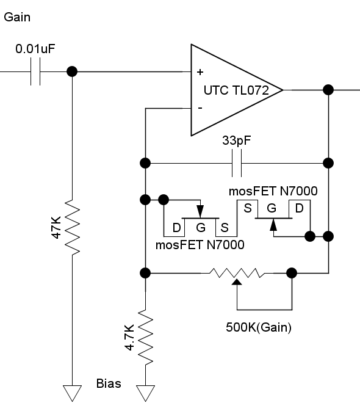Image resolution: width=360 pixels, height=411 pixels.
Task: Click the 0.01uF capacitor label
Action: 35,49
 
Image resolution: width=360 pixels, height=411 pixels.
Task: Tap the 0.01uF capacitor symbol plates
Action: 35,71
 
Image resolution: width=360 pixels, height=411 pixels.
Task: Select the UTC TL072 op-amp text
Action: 236,90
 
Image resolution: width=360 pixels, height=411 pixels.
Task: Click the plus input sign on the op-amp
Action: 200,72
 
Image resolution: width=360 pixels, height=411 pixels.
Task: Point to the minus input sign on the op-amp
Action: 200,107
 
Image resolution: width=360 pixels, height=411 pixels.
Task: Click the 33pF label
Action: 236,140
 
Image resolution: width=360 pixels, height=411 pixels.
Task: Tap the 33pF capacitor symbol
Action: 237,163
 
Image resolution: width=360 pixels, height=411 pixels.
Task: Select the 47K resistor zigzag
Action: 72,227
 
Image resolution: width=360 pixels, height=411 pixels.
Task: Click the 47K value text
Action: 56,227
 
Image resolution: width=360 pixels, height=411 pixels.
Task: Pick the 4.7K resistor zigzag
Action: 145,337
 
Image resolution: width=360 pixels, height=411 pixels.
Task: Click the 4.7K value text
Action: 129,337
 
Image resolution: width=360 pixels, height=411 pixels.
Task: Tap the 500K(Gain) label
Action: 259,327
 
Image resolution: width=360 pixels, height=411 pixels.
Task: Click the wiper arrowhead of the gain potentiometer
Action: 237,282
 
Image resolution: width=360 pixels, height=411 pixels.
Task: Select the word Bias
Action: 109,384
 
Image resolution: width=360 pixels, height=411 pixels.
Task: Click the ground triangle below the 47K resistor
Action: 72,393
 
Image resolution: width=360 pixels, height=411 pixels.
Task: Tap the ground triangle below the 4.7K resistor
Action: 145,393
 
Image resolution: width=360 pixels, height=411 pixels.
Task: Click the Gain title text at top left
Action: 17,17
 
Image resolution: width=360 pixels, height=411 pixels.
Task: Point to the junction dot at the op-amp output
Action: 328,90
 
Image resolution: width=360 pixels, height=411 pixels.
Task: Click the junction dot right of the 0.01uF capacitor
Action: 72,71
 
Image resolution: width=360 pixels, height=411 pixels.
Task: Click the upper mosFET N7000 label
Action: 273,191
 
